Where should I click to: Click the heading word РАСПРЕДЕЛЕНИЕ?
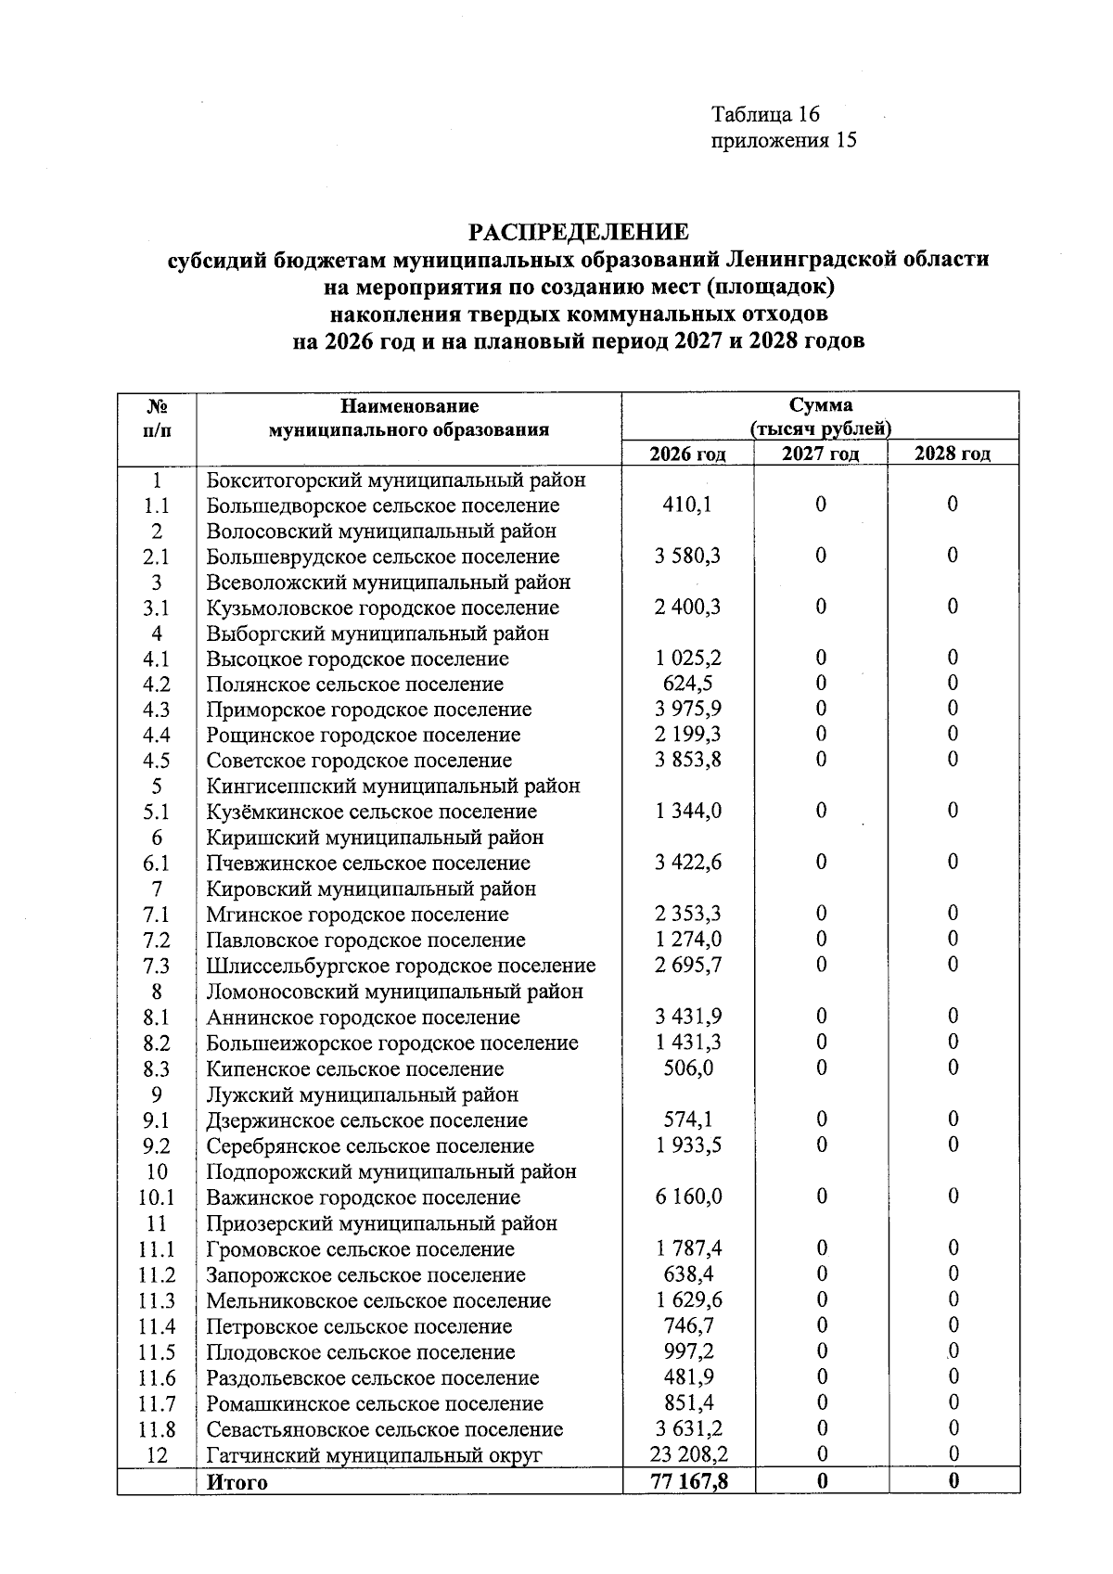point(578,230)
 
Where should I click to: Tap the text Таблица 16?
point(765,114)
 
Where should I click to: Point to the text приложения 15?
point(783,140)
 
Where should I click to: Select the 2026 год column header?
point(687,454)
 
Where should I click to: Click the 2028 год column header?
point(953,454)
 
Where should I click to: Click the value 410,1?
point(687,505)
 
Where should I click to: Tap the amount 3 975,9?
point(687,709)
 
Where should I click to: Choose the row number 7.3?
point(157,966)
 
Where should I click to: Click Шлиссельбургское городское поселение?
point(401,966)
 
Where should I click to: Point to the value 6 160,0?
point(687,1196)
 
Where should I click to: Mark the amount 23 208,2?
point(687,1454)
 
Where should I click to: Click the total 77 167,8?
point(687,1481)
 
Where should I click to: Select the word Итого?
point(237,1482)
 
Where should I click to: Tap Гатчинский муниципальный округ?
point(373,1455)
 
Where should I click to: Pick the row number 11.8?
point(157,1429)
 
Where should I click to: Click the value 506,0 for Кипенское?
point(687,1069)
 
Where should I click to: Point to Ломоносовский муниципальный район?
point(394,992)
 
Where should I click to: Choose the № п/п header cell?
point(157,417)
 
